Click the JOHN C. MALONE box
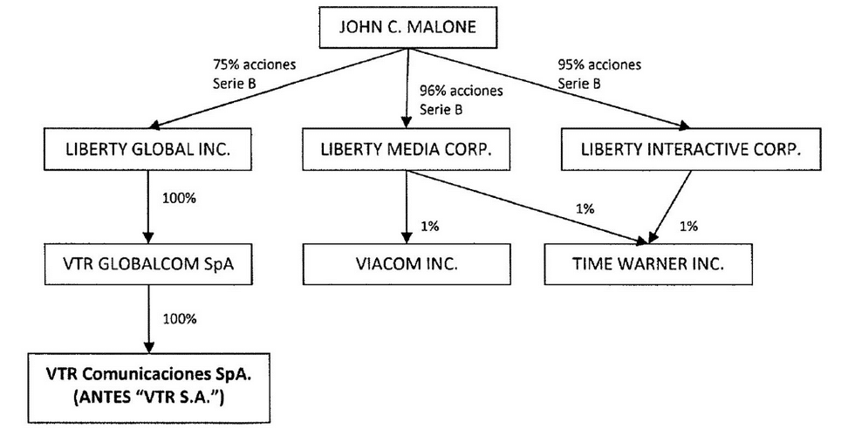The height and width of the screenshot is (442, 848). [407, 28]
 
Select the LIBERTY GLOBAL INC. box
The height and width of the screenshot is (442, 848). [147, 149]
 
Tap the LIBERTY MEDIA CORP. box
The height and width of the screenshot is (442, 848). [407, 149]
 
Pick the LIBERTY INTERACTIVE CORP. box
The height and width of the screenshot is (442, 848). [691, 149]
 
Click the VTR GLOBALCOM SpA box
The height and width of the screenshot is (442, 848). [148, 264]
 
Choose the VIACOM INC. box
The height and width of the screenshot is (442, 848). [407, 264]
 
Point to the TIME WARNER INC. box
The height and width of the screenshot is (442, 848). [648, 264]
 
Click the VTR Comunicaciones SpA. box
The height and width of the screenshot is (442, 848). [148, 388]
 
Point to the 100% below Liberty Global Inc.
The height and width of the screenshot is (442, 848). [179, 198]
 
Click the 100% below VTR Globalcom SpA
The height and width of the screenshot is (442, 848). [180, 319]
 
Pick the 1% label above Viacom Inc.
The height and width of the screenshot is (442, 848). [429, 226]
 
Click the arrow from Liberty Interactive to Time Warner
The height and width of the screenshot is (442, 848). [670, 207]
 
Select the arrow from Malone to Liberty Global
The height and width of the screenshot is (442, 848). [278, 89]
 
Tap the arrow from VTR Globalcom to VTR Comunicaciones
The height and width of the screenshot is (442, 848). [148, 319]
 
